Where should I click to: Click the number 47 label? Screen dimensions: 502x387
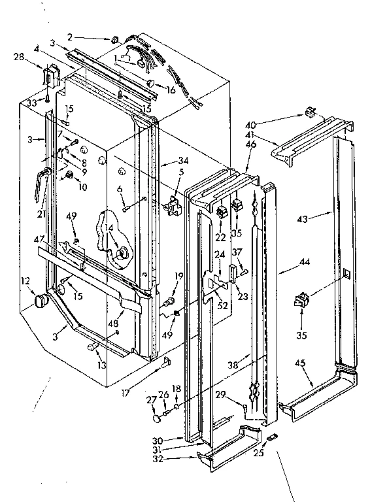41,241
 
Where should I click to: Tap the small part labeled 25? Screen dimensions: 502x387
273,435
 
